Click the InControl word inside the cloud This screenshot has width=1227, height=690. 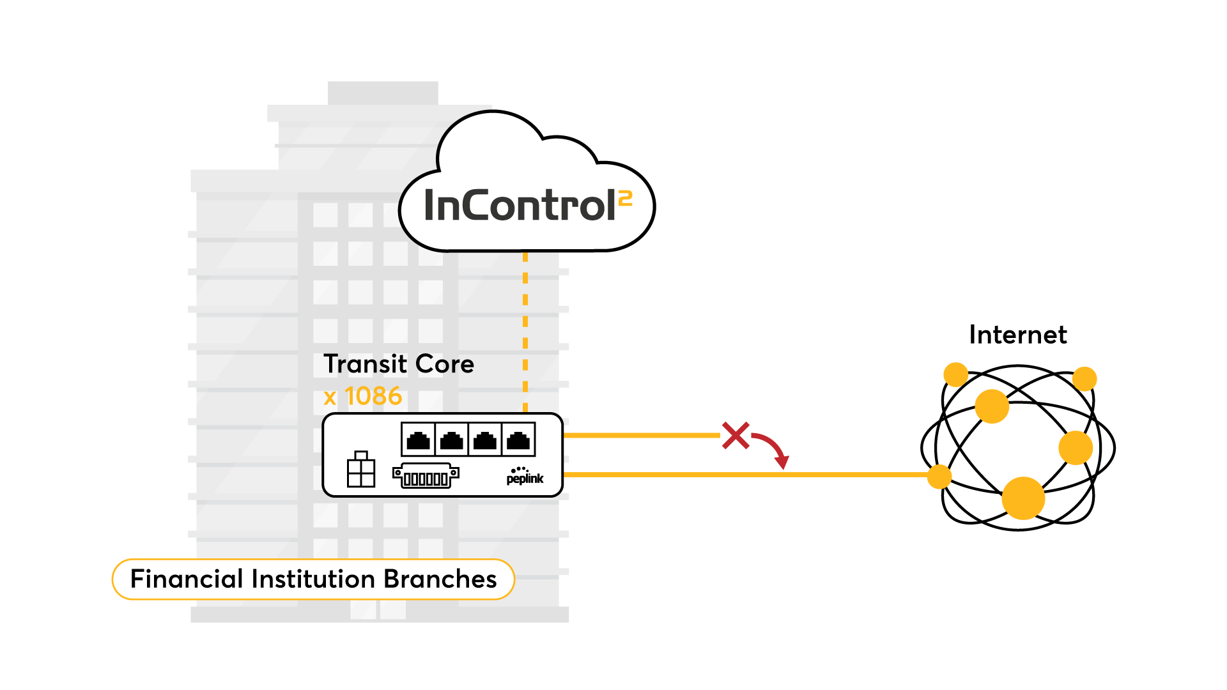tap(519, 206)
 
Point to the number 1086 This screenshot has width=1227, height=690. tap(373, 397)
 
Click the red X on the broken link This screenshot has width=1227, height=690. tap(736, 435)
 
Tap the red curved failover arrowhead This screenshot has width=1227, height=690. tap(782, 461)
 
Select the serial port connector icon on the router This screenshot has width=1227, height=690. tap(426, 477)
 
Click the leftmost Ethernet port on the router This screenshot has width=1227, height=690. tap(418, 440)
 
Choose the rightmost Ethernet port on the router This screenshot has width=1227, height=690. tap(518, 440)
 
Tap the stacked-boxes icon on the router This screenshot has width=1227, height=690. tap(360, 470)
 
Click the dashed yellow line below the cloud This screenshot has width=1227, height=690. tap(525, 332)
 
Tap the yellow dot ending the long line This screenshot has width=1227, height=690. tap(939, 477)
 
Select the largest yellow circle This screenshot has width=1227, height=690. tap(1023, 498)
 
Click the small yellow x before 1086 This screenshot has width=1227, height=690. tap(330, 398)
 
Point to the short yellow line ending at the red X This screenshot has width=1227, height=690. tap(639, 435)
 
